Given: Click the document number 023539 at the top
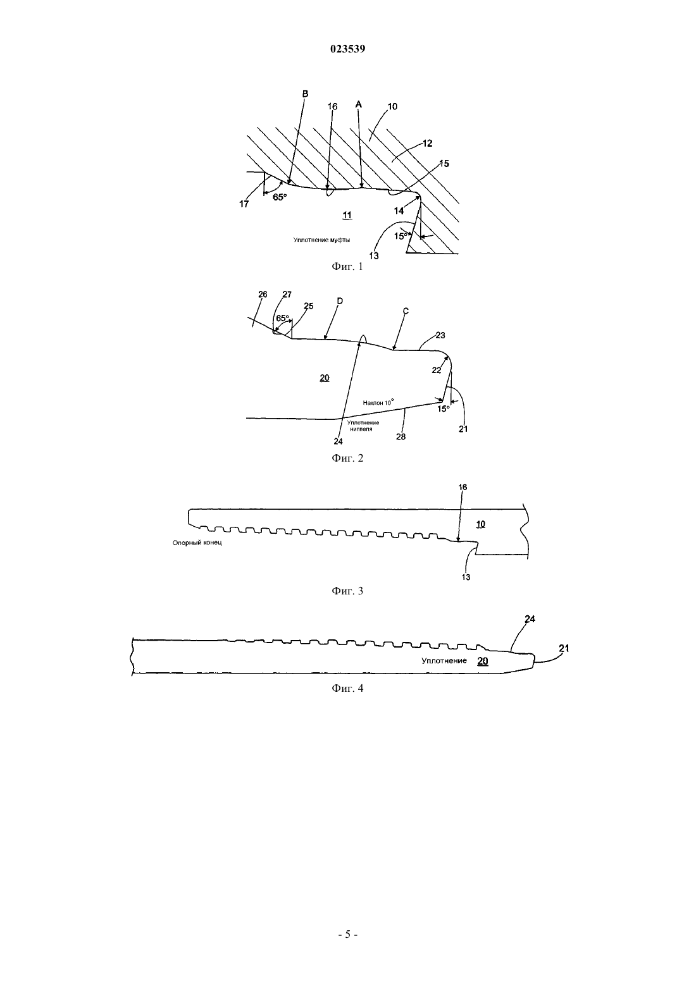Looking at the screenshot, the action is pyautogui.click(x=347, y=49).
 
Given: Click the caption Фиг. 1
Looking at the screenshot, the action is pyautogui.click(x=347, y=266).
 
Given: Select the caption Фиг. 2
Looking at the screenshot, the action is pyautogui.click(x=347, y=458).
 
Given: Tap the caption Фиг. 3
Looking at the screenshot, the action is pyautogui.click(x=347, y=591).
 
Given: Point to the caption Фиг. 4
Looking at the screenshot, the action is pyautogui.click(x=347, y=688).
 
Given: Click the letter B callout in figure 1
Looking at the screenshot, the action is pyautogui.click(x=306, y=94).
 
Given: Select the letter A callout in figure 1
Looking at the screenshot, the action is pyautogui.click(x=358, y=104).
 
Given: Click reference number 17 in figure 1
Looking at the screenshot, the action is pyautogui.click(x=244, y=204).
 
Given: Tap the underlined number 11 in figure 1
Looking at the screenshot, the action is pyautogui.click(x=347, y=215).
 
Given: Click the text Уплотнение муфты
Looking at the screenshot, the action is pyautogui.click(x=321, y=240).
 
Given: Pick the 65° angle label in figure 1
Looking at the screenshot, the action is pyautogui.click(x=280, y=197).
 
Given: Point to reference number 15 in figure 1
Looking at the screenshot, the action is pyautogui.click(x=444, y=163).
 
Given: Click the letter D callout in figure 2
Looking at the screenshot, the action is pyautogui.click(x=340, y=301).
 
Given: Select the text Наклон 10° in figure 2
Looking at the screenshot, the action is pyautogui.click(x=378, y=402).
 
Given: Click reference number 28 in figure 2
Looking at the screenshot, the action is pyautogui.click(x=401, y=436).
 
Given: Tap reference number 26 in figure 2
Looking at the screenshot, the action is pyautogui.click(x=263, y=294).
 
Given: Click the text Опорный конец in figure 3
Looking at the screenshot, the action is pyautogui.click(x=197, y=543).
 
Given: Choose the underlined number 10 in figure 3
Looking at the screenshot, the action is pyautogui.click(x=481, y=524).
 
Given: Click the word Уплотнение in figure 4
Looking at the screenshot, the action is pyautogui.click(x=444, y=661).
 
